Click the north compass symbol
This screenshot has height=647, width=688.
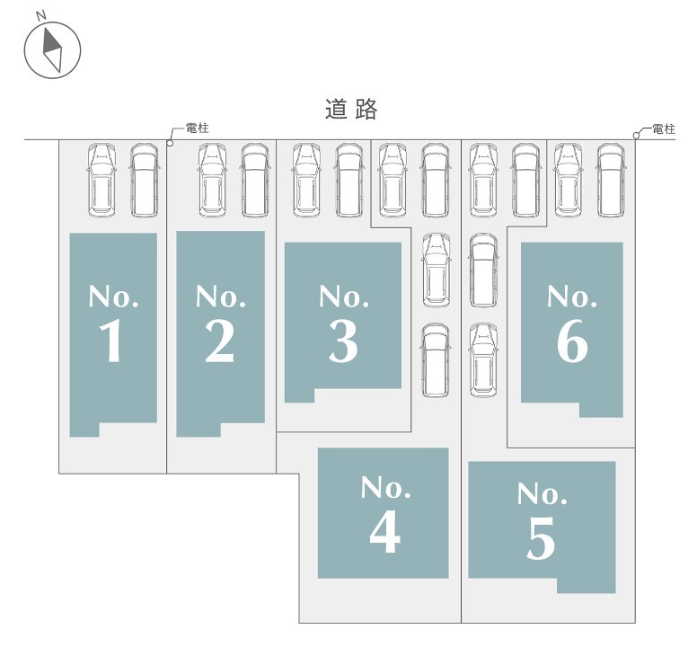click(x=52, y=50)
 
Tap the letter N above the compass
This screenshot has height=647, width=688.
click(x=40, y=15)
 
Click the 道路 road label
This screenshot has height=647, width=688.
click(x=351, y=109)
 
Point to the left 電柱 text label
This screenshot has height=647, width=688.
click(x=198, y=129)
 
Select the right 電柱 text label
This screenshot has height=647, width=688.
click(x=664, y=129)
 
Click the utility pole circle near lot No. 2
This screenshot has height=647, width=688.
click(x=171, y=143)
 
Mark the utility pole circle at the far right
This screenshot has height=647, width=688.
click(x=636, y=135)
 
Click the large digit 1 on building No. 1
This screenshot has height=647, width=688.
click(x=111, y=341)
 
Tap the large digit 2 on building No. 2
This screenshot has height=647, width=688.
click(x=219, y=341)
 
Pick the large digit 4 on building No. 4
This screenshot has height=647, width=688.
click(x=384, y=532)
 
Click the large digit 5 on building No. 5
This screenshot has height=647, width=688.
click(x=541, y=538)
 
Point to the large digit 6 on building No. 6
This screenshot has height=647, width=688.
click(x=572, y=341)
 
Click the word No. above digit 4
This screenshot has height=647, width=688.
click(x=385, y=488)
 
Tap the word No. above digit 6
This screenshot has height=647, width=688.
click(x=572, y=297)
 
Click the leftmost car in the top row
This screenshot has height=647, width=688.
click(x=101, y=180)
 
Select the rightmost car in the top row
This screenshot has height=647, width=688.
click(x=611, y=180)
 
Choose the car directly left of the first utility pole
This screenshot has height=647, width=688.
click(x=145, y=180)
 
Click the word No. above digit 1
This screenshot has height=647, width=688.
click(x=114, y=297)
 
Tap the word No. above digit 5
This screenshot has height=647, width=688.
click(x=542, y=494)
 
